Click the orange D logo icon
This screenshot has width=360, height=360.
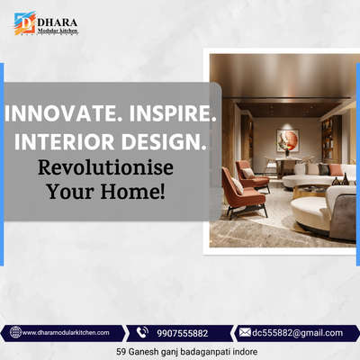coord(25,23)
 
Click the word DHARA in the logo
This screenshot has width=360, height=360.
coord(58,22)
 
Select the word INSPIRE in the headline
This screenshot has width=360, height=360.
coord(172,113)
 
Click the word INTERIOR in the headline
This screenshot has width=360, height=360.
coord(65,141)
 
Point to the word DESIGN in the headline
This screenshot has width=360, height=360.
coord(164,141)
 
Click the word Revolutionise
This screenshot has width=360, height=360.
coord(105,167)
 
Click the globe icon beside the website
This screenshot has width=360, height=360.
coord(15,332)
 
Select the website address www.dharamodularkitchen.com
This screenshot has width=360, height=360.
coord(66,332)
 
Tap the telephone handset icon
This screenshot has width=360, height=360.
coord(142,332)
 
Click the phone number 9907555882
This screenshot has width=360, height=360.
coord(183,333)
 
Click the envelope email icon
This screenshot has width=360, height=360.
coord(245,332)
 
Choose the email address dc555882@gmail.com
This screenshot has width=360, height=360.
coord(297,333)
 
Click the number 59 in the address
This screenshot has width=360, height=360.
coord(121,351)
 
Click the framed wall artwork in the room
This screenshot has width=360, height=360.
coord(287,140)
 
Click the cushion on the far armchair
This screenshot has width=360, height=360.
coord(248,173)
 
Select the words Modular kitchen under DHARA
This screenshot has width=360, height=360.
coord(58,31)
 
